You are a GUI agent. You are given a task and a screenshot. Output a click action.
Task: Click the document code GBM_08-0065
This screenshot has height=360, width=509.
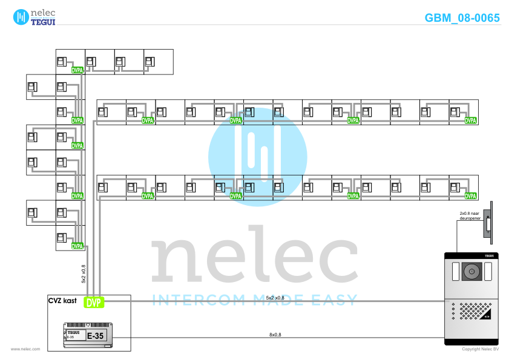pyautogui.click(x=462, y=18)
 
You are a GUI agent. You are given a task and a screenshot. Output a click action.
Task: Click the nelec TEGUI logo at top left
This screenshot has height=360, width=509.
pyautogui.click(x=34, y=16)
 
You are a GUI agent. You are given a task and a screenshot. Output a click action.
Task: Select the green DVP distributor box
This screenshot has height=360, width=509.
pyautogui.click(x=94, y=302)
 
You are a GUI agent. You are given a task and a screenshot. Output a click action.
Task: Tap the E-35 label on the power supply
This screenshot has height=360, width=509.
pyautogui.click(x=95, y=336)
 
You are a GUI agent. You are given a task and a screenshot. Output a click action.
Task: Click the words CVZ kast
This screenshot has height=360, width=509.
pyautogui.click(x=62, y=300)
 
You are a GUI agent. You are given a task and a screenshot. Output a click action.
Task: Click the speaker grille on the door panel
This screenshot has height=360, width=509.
pyautogui.click(x=473, y=311)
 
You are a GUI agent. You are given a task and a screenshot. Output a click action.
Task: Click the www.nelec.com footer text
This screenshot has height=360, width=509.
pyautogui.click(x=25, y=349)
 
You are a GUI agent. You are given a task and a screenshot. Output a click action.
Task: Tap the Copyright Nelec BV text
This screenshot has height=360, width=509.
pyautogui.click(x=480, y=349)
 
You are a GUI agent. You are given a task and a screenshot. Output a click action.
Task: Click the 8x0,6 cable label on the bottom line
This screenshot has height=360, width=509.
pyautogui.click(x=275, y=335)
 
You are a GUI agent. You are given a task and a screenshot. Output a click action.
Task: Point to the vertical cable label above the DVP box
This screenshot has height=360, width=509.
pyautogui.click(x=84, y=273)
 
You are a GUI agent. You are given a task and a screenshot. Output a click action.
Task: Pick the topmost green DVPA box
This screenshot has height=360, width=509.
pyautogui.click(x=77, y=70)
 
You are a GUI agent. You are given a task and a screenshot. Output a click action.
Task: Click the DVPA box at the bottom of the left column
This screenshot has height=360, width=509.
pyautogui.click(x=77, y=246)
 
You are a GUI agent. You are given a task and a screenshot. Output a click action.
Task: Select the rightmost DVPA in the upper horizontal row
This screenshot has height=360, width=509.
pyautogui.click(x=470, y=120)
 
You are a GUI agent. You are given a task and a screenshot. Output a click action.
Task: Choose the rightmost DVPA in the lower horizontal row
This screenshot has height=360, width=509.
pyautogui.click(x=470, y=196)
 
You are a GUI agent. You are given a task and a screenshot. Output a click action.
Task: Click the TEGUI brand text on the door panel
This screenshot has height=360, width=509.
pyautogui.click(x=490, y=257)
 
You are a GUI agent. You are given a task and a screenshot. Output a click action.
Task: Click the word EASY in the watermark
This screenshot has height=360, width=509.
pyautogui.click(x=335, y=299)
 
